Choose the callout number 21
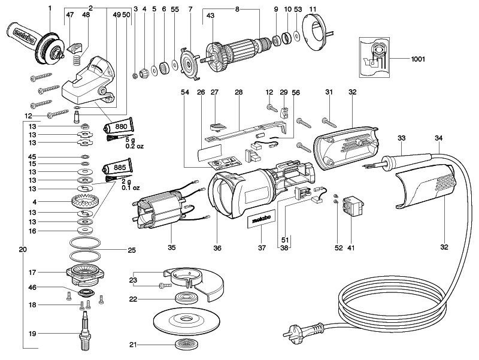tap(132, 344)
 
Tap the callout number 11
tap(313, 8)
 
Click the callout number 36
tap(218, 246)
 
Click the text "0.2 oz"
tap(134, 146)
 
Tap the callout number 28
tap(239, 93)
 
